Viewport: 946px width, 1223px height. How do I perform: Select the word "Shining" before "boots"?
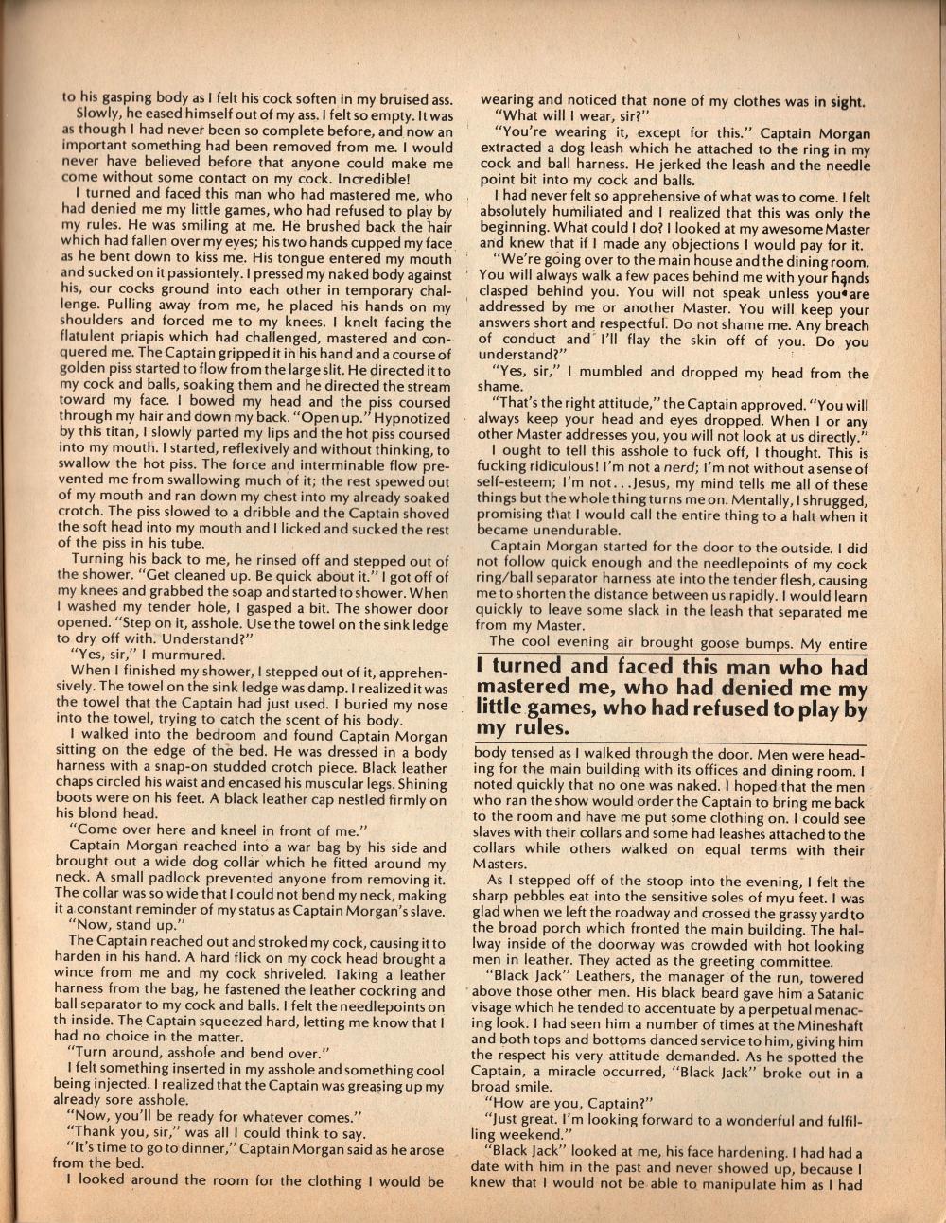pyautogui.click(x=417, y=785)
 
